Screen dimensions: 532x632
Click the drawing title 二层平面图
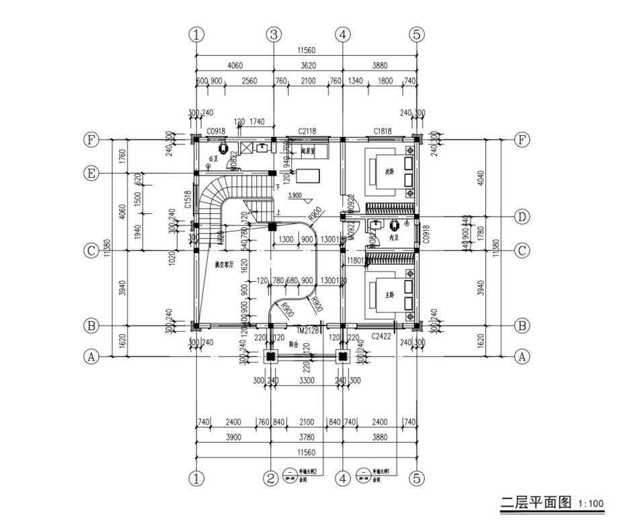pos(536,502)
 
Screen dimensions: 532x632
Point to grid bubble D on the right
pos(522,217)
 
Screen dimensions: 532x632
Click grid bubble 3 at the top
pos(273,35)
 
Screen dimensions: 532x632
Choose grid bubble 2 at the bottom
pos(270,479)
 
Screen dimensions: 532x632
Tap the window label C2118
pos(307,131)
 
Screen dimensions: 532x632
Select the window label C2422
pos(381,334)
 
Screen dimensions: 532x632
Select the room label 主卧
pos(389,295)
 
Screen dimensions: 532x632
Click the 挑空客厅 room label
pos(224,265)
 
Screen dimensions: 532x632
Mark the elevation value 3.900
pos(294,195)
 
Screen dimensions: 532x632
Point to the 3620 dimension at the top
pos(308,67)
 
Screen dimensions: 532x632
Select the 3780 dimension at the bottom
pos(306,436)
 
